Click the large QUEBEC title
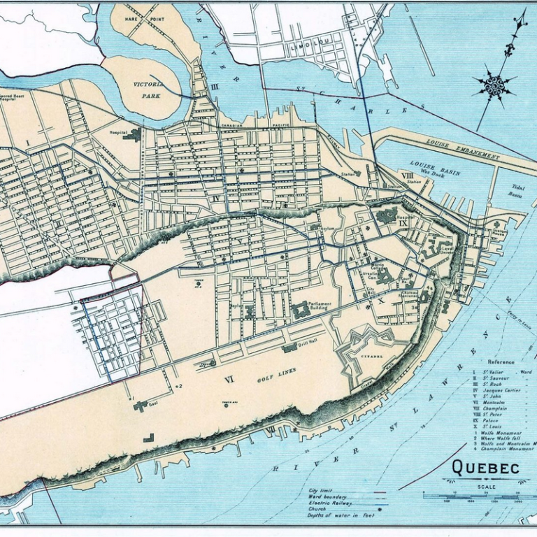(x=485, y=467)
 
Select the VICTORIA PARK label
(x=148, y=89)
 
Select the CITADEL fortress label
(x=371, y=356)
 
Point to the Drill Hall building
(x=289, y=347)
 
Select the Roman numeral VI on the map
(x=229, y=379)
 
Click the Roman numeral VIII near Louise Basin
(x=406, y=176)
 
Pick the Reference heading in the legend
(x=501, y=361)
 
